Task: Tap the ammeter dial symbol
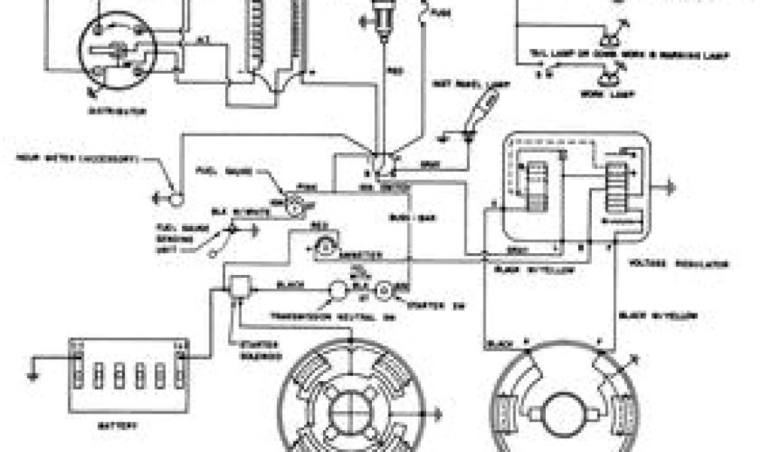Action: click(325, 245)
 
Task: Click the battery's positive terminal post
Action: click(181, 348)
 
